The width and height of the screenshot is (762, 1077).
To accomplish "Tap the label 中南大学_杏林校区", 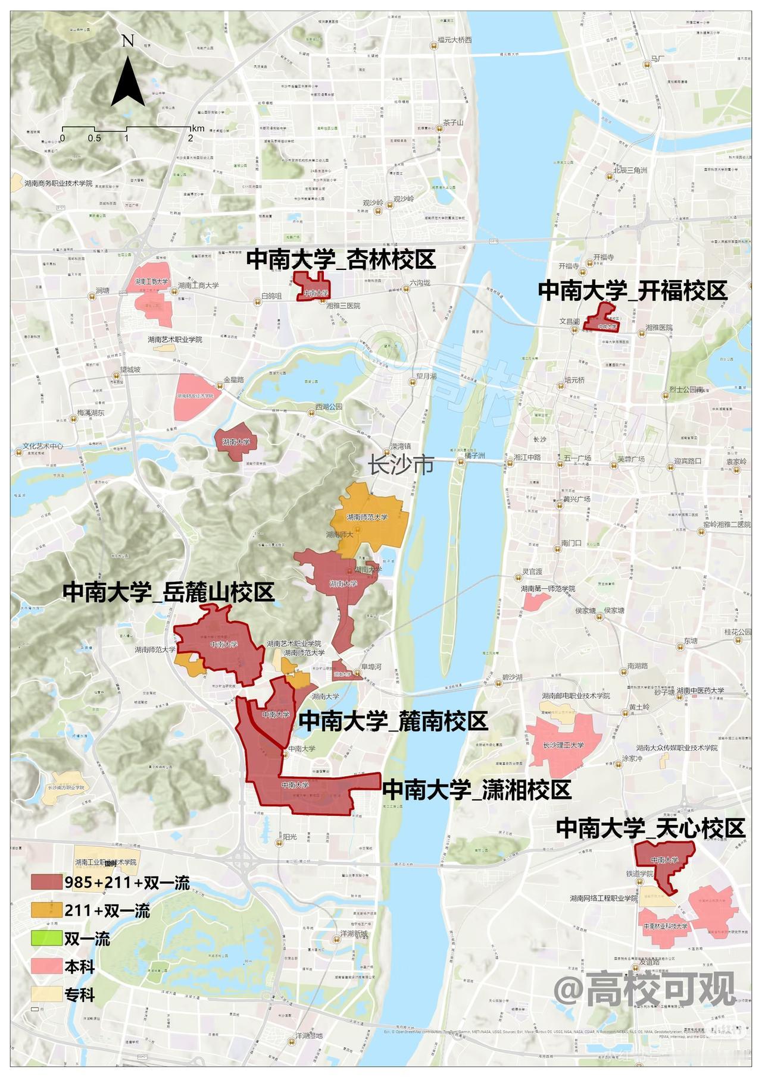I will [341, 260].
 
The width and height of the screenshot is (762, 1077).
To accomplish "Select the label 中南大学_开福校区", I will [633, 291].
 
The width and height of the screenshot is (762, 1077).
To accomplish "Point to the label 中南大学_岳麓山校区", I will [168, 593].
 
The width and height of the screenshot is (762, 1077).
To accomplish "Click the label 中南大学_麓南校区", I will [393, 721].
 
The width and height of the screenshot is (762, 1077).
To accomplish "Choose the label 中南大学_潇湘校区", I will [476, 790].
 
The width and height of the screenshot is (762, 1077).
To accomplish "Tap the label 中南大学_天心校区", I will [650, 828].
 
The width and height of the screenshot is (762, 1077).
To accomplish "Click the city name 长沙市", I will [401, 466].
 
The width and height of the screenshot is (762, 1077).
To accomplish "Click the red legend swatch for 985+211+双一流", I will [46, 883].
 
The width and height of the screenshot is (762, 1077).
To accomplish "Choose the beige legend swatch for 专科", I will [46, 994].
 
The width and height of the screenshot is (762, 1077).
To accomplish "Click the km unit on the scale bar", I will [198, 128].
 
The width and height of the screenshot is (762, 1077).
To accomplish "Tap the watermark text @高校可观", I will [645, 989].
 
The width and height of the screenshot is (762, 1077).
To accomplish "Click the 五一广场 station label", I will [576, 459].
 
